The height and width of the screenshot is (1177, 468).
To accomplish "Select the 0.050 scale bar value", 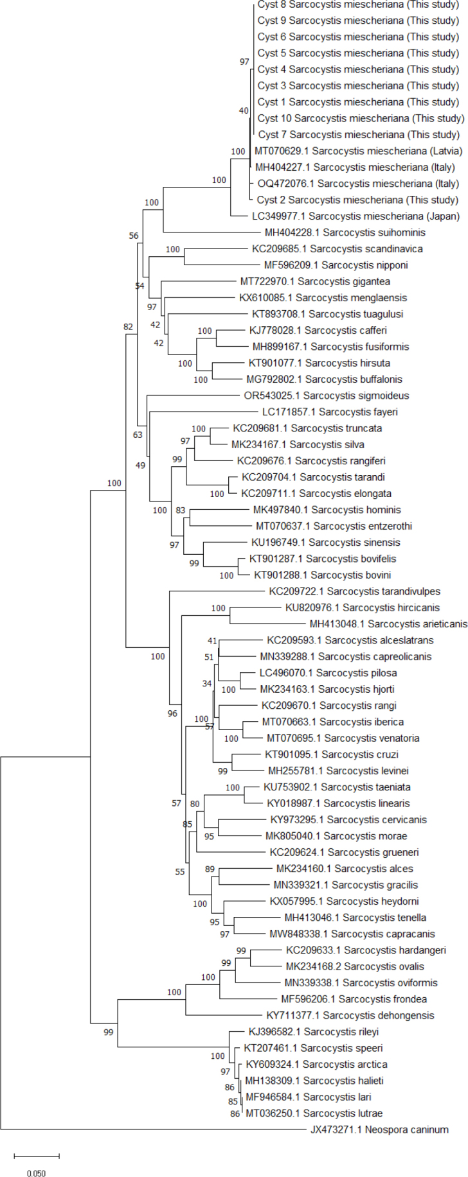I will [37, 1173].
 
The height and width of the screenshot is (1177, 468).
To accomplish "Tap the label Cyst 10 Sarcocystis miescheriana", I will [361, 118].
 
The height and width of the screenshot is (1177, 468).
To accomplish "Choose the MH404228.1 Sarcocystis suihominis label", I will [345, 232].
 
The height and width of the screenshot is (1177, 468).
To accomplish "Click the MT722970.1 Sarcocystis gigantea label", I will [315, 281].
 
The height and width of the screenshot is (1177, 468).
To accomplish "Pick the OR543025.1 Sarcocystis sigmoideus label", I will [336, 396].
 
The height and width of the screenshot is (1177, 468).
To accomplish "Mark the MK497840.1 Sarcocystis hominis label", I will [327, 510].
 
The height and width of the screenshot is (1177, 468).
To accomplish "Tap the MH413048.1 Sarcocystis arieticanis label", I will [388, 623].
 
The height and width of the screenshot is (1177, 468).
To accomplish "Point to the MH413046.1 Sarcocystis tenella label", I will [355, 918].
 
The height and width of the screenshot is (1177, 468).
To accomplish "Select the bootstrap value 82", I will [128, 327].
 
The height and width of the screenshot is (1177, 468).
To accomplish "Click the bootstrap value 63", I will [138, 435].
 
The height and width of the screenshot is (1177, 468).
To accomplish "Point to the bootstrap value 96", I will [172, 713].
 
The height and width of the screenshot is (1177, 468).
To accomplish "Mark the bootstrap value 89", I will [210, 869].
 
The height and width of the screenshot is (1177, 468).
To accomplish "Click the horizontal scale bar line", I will [37, 1156].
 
